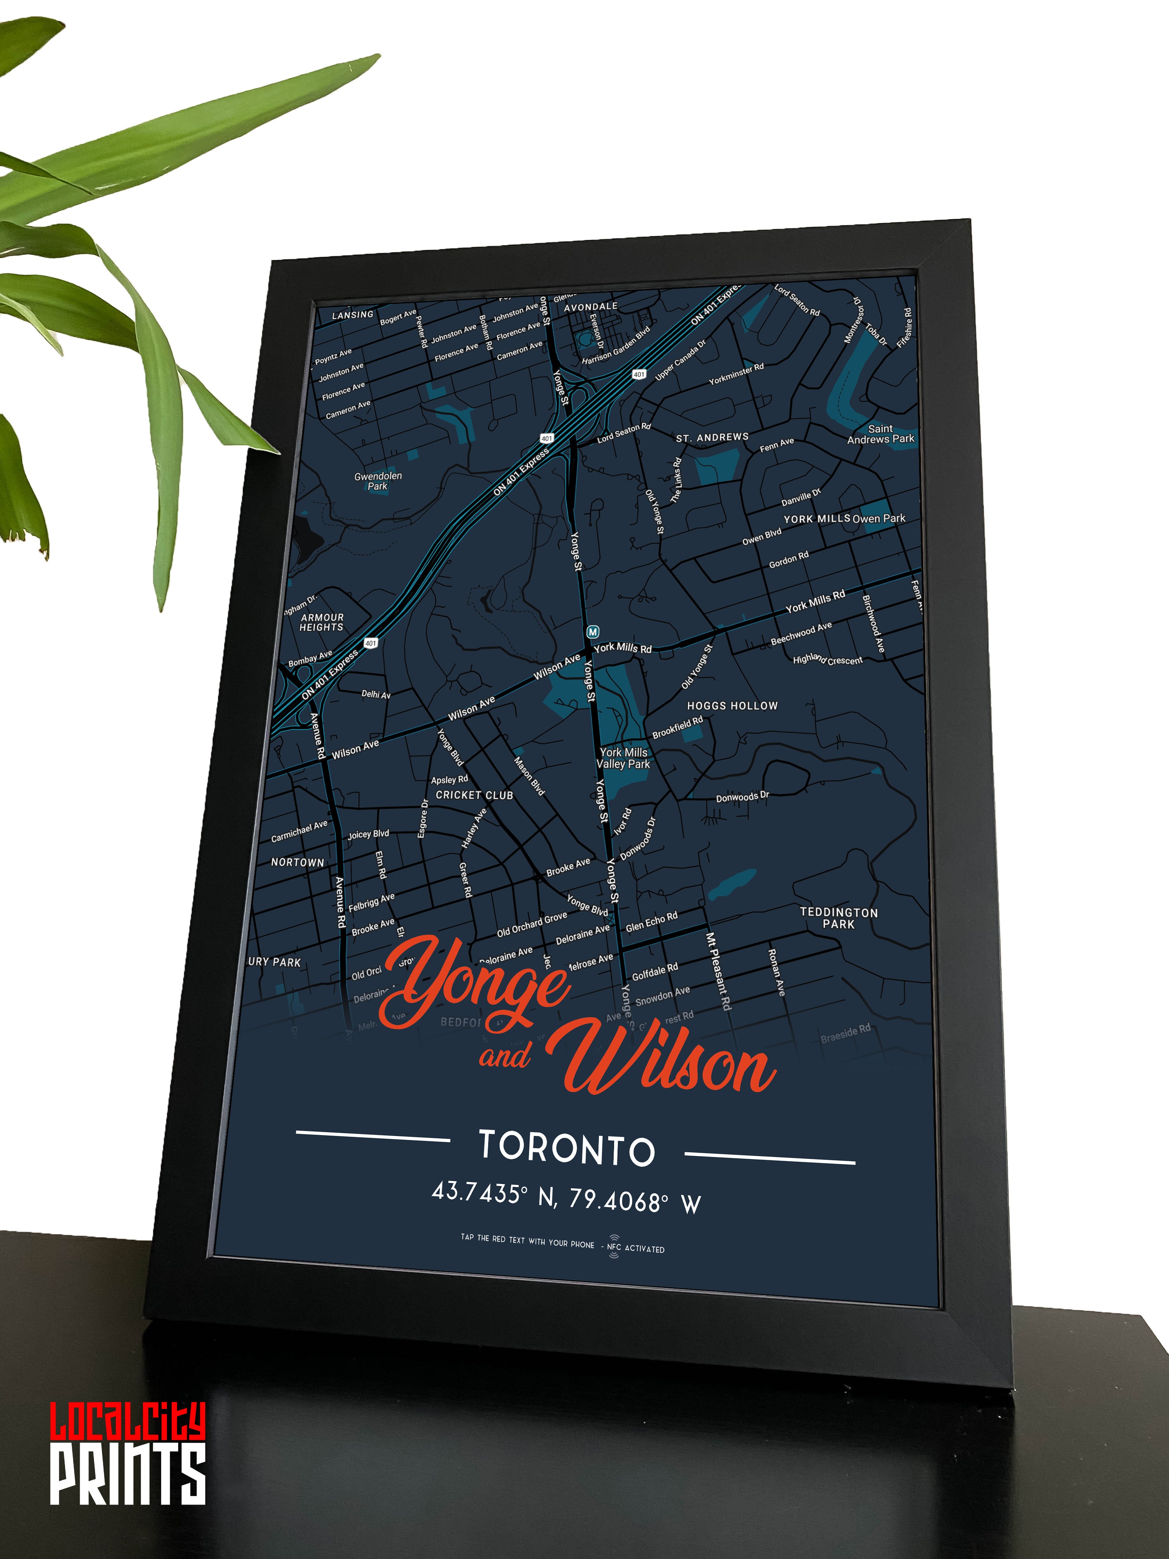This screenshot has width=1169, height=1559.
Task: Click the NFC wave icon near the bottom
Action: coord(614,1246)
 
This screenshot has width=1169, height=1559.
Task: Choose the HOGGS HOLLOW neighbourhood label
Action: coord(732,706)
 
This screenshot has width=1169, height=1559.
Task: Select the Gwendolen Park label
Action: coord(378,481)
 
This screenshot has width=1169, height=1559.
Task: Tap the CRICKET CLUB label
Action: coord(474,795)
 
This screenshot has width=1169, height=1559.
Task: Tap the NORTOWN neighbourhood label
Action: coord(297,862)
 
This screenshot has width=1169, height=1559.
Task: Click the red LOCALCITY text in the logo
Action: coord(128,1422)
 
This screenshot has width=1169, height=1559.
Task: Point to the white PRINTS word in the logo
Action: coord(128,1473)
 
